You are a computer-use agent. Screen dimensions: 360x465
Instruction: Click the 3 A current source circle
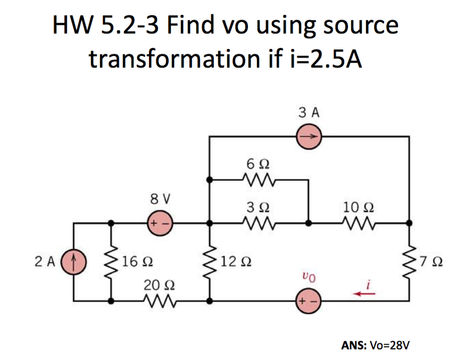(309, 136)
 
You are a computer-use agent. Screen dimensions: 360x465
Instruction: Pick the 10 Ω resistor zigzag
(359, 224)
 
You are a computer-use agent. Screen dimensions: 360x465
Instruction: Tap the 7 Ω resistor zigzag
(410, 262)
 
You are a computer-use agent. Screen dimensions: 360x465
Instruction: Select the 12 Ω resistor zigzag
(209, 262)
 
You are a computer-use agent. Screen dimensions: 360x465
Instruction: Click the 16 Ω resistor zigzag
(110, 262)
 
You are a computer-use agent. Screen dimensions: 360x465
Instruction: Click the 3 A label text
(309, 112)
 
